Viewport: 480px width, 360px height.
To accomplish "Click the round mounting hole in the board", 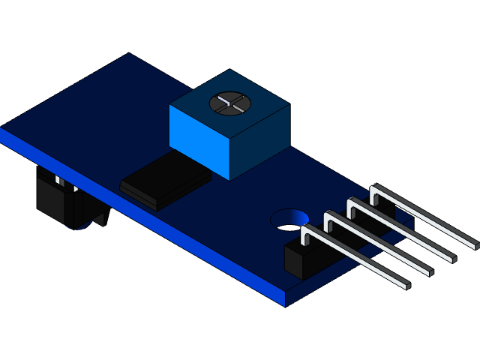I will point(288,219).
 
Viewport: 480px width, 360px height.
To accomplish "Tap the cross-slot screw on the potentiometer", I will point(228,103).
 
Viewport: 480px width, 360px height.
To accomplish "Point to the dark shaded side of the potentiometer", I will point(259,142).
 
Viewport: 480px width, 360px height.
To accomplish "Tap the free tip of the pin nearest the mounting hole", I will point(405,286).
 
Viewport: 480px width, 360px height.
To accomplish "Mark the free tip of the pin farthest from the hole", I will point(473,244).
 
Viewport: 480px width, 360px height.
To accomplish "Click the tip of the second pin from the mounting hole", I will point(428,271).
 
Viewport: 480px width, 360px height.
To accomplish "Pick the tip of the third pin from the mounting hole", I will point(451,257).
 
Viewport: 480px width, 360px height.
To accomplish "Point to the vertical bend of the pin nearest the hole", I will point(304,236).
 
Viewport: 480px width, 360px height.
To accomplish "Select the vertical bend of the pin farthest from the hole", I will point(373,193).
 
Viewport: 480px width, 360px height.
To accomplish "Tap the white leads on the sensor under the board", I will point(58,180).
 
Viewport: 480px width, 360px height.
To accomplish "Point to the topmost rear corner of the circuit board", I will point(130,54).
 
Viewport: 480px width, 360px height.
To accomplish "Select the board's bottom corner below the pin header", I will point(286,306).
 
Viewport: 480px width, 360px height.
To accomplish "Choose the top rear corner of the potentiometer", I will point(229,70).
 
